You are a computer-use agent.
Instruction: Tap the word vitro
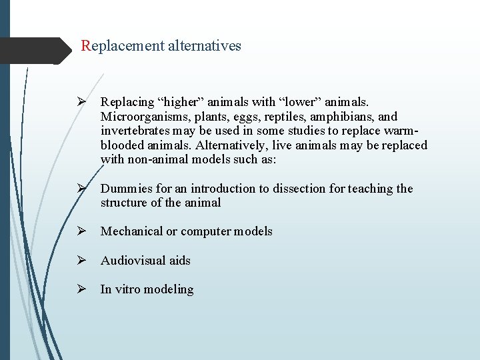129,289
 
